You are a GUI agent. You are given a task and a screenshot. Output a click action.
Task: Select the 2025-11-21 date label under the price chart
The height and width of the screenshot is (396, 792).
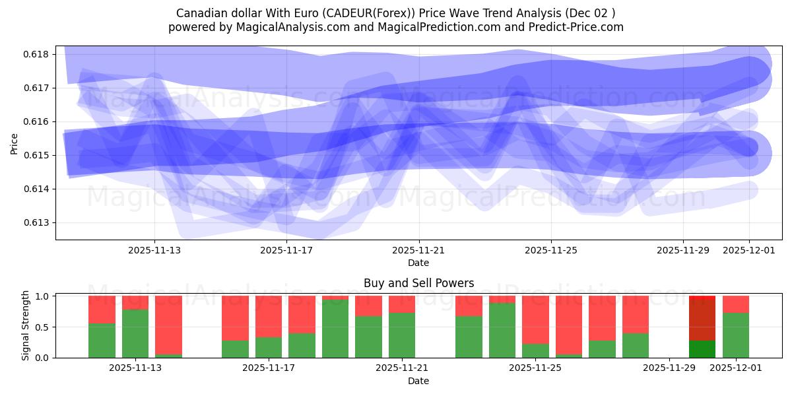[x=418, y=250]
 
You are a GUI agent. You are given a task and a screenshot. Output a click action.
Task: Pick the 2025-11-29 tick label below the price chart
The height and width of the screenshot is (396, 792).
[x=683, y=250]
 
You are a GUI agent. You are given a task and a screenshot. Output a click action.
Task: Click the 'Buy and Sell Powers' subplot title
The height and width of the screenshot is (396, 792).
[x=418, y=284]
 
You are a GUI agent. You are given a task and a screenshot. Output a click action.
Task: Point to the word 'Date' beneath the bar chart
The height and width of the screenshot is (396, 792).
[x=418, y=381]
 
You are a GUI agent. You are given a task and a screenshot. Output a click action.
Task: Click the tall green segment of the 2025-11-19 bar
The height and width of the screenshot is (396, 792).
[x=335, y=329]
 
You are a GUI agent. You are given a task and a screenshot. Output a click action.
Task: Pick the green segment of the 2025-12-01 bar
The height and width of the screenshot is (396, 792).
[x=736, y=335]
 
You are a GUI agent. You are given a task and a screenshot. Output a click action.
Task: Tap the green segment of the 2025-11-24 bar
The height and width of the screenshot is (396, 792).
[x=502, y=330]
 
